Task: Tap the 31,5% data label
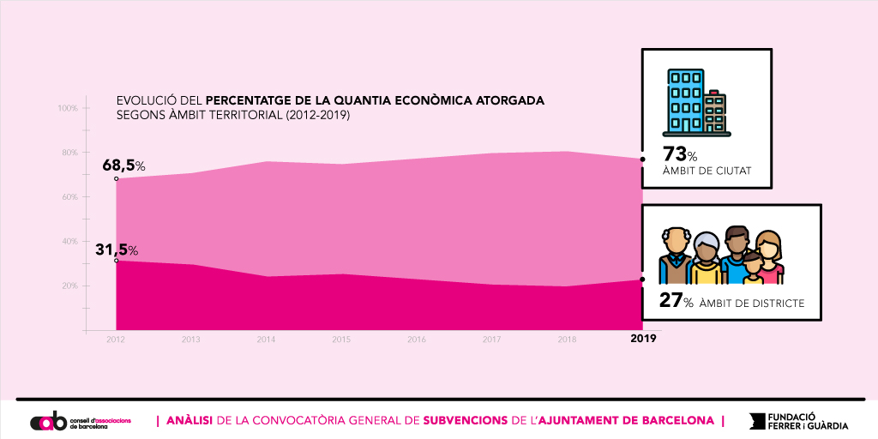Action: tap(117, 250)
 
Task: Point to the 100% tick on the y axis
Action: tap(68, 108)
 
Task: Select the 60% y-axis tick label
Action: tap(68, 197)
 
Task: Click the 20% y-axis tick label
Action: tap(68, 286)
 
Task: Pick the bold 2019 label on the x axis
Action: tap(643, 340)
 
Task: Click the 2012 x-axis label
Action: tap(116, 340)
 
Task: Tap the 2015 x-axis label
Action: tap(341, 340)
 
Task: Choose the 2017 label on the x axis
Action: tap(491, 340)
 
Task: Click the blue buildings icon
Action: tap(695, 102)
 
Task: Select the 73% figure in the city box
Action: tap(679, 155)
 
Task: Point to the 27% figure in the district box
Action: tap(676, 301)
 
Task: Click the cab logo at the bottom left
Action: tap(47, 422)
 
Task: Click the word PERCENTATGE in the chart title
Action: tap(255, 100)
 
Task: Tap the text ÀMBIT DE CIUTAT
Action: tap(707, 171)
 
